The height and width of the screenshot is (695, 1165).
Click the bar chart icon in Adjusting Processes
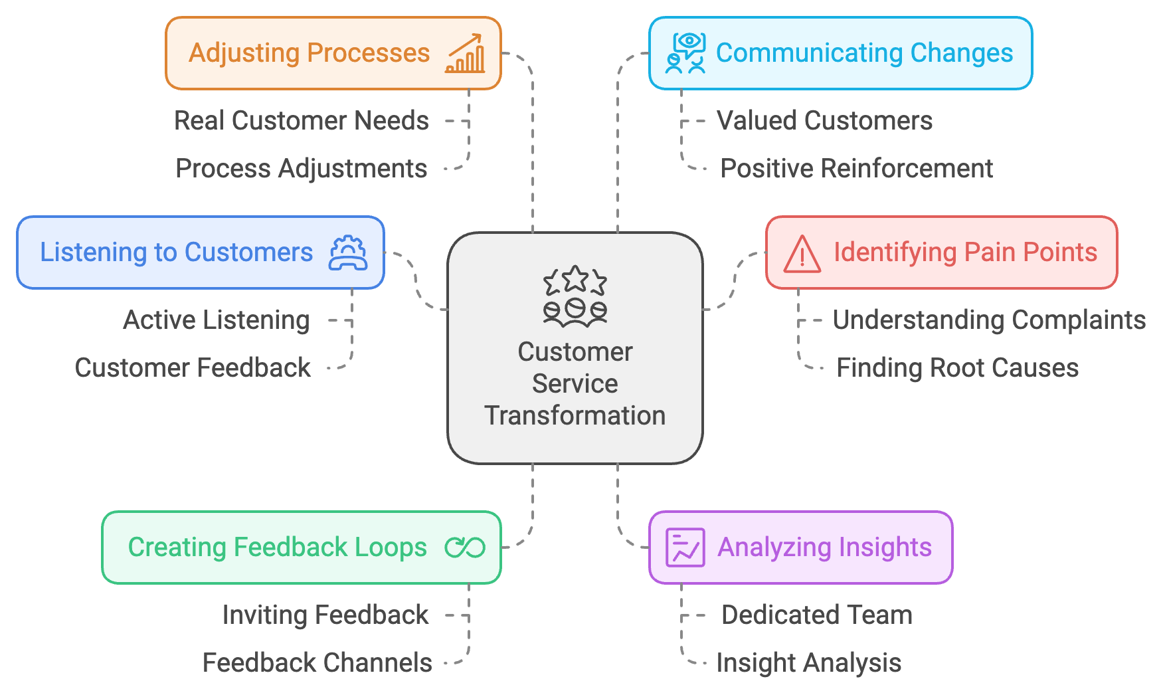(x=466, y=53)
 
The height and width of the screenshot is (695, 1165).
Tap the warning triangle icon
(x=802, y=254)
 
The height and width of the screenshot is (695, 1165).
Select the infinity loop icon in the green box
(x=465, y=547)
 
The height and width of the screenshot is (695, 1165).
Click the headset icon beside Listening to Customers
(x=347, y=253)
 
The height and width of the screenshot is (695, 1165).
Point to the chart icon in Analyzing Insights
(x=685, y=547)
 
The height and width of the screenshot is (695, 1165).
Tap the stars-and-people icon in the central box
(x=575, y=296)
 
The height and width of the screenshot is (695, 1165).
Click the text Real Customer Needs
(x=302, y=121)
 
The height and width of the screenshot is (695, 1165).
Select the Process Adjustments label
(x=302, y=169)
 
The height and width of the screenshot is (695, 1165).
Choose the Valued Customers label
(x=824, y=121)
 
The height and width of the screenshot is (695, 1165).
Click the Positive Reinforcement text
(x=857, y=169)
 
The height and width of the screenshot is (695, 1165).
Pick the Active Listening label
(x=217, y=320)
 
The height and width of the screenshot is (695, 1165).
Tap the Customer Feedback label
(x=193, y=368)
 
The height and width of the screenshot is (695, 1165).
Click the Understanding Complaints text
(x=989, y=320)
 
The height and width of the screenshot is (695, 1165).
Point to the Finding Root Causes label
(x=957, y=368)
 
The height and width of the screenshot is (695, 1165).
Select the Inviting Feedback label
(x=325, y=615)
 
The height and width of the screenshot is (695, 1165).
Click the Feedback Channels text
(x=317, y=663)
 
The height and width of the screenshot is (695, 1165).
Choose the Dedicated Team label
(x=817, y=615)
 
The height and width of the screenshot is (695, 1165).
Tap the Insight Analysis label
(x=809, y=663)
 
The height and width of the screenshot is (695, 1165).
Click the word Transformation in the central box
(x=575, y=416)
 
